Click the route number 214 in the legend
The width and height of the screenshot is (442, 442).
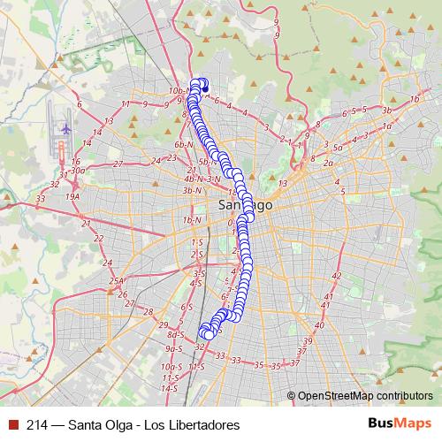point(37,425)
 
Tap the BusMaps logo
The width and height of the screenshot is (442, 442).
point(400,424)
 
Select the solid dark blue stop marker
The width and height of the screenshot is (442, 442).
point(205,88)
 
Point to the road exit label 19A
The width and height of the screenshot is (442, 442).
point(72,196)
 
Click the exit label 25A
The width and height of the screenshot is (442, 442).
point(117,281)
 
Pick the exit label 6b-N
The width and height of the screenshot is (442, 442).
point(184,143)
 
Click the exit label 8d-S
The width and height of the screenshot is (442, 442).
point(175,334)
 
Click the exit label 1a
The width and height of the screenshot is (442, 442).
point(386,126)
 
